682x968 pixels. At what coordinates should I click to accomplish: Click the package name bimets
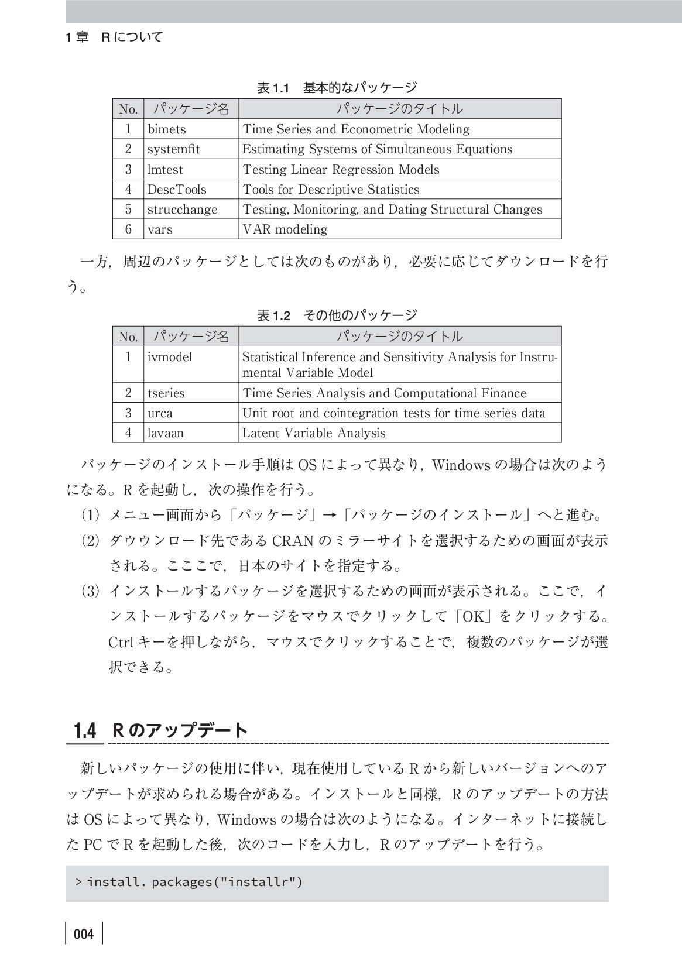tap(167, 129)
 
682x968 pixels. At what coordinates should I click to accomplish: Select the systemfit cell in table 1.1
tap(173, 149)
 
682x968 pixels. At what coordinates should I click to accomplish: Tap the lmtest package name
tap(165, 170)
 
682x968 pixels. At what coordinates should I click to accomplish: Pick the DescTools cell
tap(177, 190)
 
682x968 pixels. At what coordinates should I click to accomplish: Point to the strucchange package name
tap(182, 210)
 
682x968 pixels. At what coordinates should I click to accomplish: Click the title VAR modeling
tap(285, 229)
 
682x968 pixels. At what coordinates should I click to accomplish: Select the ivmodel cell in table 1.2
tap(170, 357)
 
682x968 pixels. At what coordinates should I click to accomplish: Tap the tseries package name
tap(166, 393)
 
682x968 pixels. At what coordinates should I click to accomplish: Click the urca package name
tap(160, 413)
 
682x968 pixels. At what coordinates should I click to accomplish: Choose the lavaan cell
tap(166, 433)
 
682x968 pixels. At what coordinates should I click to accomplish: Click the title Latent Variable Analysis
tap(314, 433)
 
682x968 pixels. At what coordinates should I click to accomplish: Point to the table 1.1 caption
tap(337, 88)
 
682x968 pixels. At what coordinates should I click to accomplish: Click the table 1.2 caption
tap(337, 316)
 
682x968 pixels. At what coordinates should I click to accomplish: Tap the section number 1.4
tap(85, 731)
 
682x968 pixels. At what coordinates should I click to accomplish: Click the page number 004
tap(84, 934)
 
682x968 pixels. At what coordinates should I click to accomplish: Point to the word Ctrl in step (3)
tap(122, 642)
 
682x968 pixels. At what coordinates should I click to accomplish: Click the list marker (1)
tap(91, 516)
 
